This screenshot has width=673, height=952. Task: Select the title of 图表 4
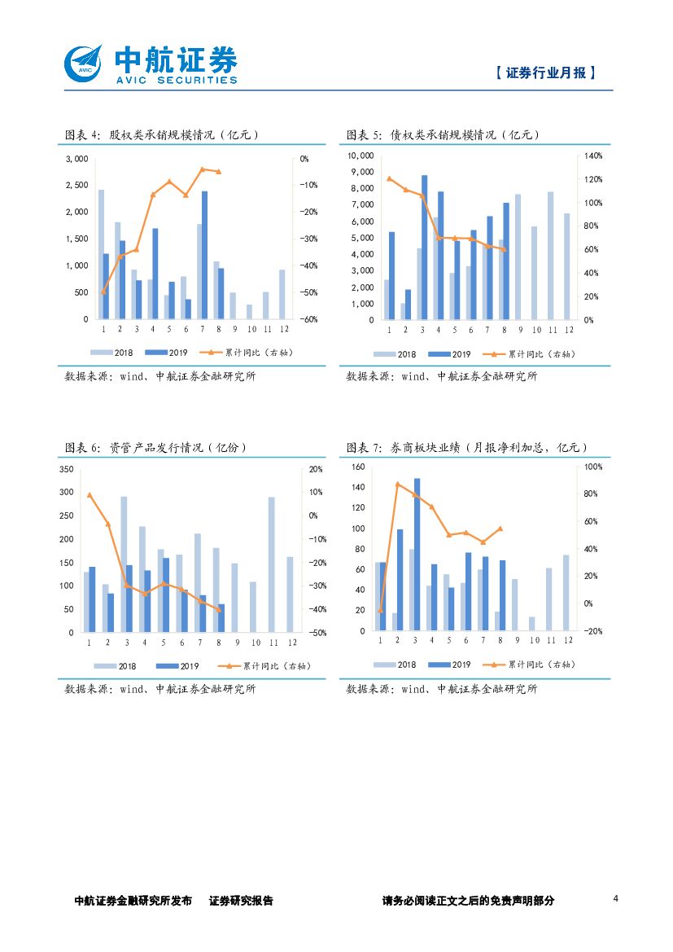[x=161, y=135]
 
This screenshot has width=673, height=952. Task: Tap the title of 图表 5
[x=443, y=135]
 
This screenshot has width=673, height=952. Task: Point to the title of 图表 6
[x=155, y=448]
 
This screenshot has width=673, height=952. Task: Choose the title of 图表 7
[x=466, y=448]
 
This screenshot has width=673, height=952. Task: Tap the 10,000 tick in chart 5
[x=361, y=156]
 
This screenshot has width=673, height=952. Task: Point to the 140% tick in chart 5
[x=592, y=156]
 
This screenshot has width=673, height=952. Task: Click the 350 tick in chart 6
[x=68, y=469]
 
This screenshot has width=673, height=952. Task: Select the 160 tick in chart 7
[x=358, y=467]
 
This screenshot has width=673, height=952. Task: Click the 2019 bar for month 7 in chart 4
[x=204, y=255]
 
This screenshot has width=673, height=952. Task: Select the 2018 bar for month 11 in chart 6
[x=271, y=564]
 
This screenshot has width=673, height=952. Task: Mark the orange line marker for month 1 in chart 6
[x=90, y=495]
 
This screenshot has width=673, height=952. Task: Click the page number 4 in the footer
[x=615, y=899]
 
